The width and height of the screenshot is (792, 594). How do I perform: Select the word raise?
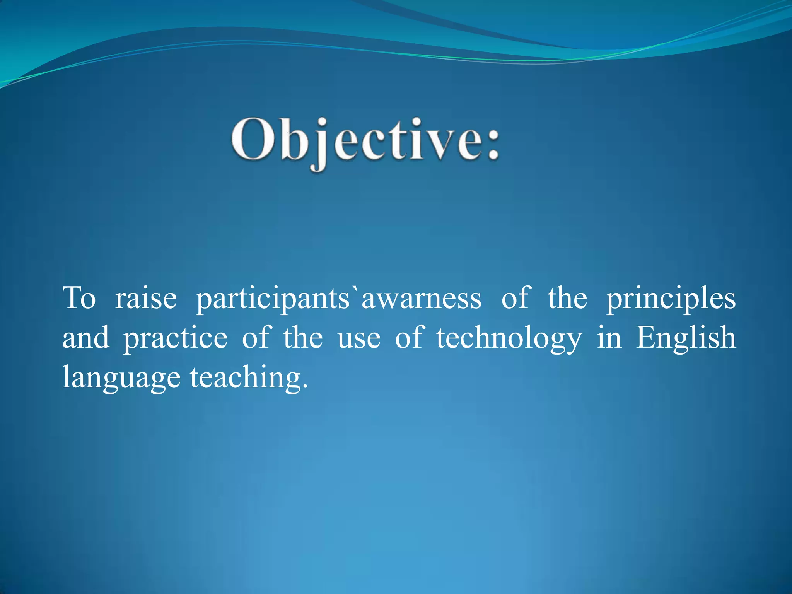pos(146,299)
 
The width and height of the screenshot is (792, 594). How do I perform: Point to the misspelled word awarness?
pos(422,299)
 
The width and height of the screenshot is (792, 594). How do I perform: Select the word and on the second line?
pos(85,338)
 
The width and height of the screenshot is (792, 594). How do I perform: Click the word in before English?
pos(609,338)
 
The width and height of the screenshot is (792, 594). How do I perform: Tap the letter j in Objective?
pos(319,145)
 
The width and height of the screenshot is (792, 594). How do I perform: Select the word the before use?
pos(303,338)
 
